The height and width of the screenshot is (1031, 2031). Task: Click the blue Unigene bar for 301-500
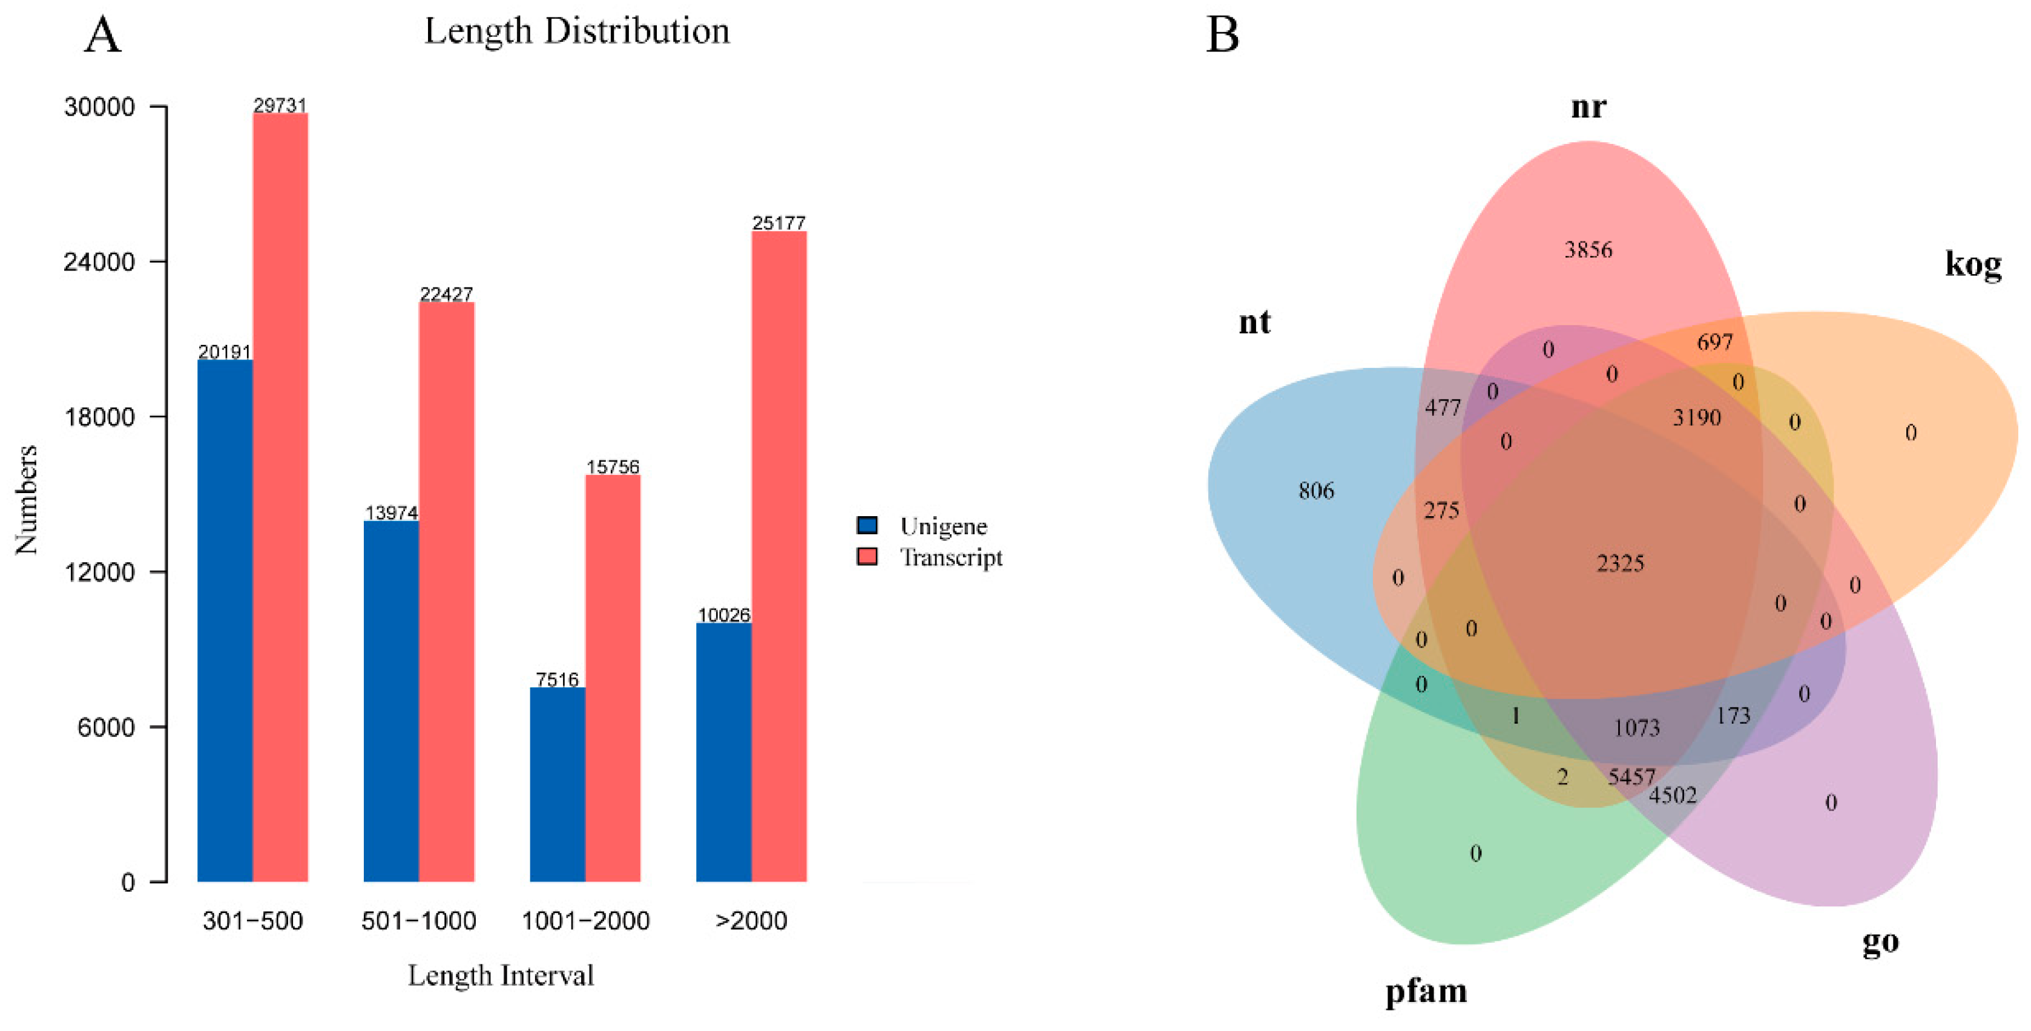coord(225,620)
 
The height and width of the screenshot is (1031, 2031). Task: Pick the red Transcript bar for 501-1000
coord(446,591)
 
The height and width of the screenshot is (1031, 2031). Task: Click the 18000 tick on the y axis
coord(99,417)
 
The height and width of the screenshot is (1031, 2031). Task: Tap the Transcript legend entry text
coord(951,557)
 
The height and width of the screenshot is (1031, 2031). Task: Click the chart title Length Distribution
coord(576,31)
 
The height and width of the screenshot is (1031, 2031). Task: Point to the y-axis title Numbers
coord(27,499)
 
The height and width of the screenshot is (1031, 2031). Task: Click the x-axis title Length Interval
coord(500,976)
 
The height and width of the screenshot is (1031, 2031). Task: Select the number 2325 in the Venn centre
coord(1619,563)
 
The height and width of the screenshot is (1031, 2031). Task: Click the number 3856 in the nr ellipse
coord(1588,250)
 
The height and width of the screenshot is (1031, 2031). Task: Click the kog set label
coord(1973,263)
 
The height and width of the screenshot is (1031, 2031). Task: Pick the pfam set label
coord(1426,992)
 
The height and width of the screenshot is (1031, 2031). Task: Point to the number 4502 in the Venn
coord(1672,795)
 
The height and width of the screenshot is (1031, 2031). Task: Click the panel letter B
coord(1222,36)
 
